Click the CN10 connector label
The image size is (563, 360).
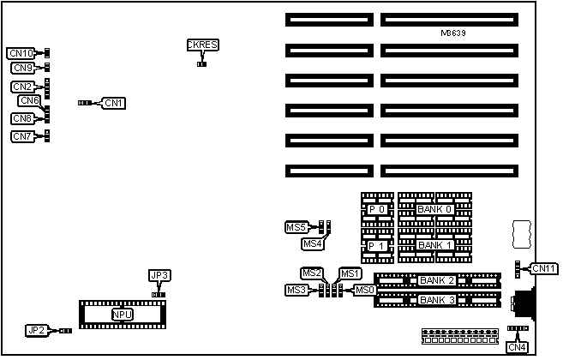click(20, 53)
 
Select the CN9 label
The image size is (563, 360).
click(22, 68)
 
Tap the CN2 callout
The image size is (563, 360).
click(22, 87)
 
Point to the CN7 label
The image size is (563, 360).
click(22, 136)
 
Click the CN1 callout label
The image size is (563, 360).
click(113, 103)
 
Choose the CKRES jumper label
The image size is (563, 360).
click(201, 45)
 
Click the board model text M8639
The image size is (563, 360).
click(453, 33)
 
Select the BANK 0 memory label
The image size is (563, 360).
click(434, 209)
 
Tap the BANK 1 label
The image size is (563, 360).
click(434, 245)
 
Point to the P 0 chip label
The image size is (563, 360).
click(377, 209)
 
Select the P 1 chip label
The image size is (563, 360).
click(377, 245)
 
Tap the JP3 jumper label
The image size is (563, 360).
click(159, 275)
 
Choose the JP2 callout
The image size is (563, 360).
click(35, 330)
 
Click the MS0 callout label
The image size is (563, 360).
click(365, 291)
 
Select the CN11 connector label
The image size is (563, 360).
click(544, 269)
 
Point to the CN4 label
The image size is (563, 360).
click(517, 347)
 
